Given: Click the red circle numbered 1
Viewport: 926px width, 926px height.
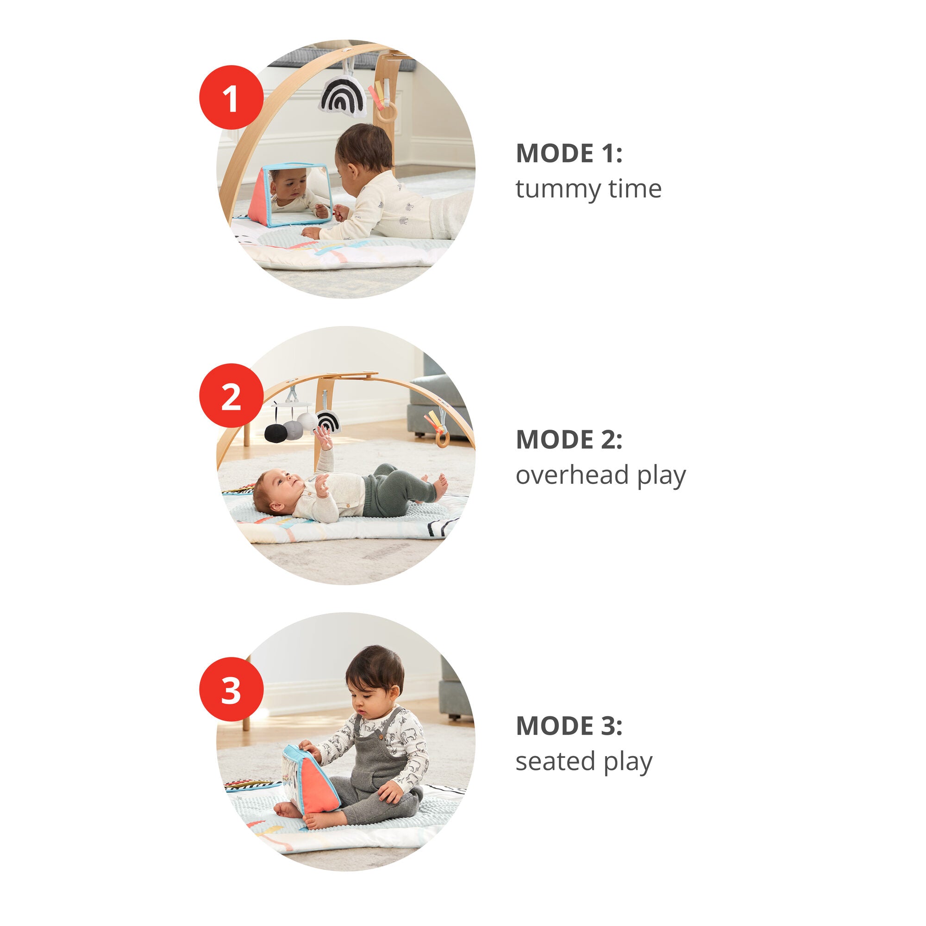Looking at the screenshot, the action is [x=231, y=97].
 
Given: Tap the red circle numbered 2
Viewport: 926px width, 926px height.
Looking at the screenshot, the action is [x=231, y=395].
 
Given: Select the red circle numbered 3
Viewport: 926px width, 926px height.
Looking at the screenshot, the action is [x=231, y=689].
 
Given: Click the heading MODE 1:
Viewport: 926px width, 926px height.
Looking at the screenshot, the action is [x=569, y=153].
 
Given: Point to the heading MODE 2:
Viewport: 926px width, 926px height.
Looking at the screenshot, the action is [x=569, y=439].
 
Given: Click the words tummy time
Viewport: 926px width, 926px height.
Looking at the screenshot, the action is [x=588, y=189].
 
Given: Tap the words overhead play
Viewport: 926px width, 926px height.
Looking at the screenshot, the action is [x=601, y=476].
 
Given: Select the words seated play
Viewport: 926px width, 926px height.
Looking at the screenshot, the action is [x=584, y=762].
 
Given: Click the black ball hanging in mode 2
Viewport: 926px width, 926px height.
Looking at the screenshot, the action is [x=275, y=433].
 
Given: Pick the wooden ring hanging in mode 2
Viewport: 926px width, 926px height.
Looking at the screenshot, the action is [x=442, y=438].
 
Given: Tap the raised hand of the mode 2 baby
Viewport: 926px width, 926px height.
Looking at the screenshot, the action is [x=324, y=437].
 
